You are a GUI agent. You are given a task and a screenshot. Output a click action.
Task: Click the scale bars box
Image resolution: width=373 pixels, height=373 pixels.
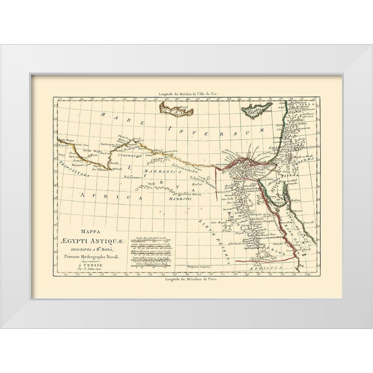(152, 251)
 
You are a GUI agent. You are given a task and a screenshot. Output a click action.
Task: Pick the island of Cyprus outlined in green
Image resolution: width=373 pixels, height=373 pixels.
(257, 109)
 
